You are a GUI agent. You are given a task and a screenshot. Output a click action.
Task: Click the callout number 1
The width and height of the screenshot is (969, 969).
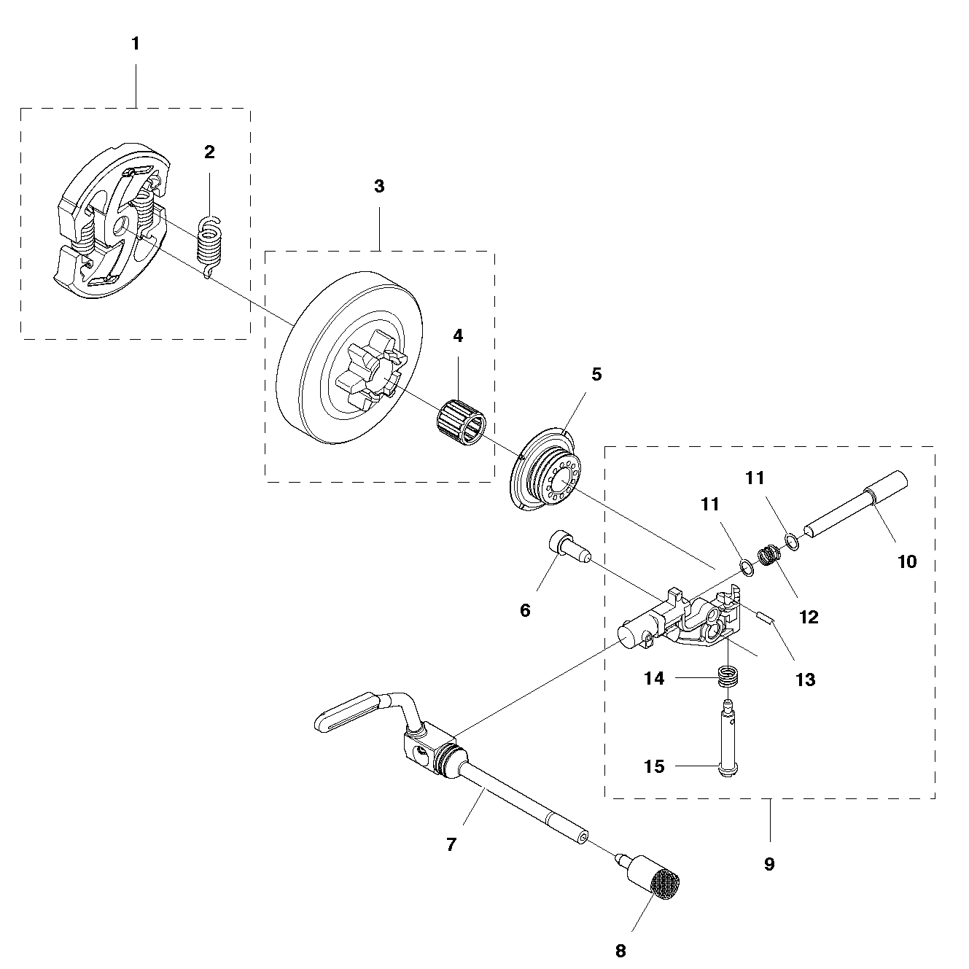coord(136,44)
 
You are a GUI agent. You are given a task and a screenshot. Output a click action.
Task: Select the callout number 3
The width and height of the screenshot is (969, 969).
coord(379,186)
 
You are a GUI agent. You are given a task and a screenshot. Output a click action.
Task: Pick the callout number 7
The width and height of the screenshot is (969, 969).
coord(451,844)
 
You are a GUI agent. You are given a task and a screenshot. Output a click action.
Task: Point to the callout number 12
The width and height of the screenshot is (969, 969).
coord(809,617)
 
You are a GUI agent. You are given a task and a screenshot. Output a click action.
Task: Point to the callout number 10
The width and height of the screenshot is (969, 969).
coord(907,561)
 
